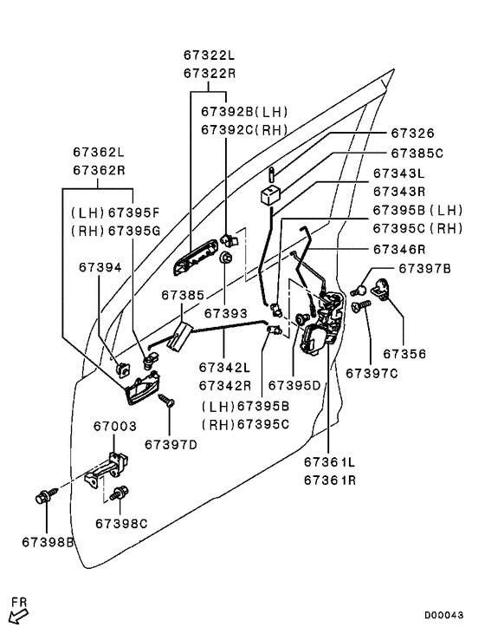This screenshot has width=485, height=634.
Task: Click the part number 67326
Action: coord(412,134)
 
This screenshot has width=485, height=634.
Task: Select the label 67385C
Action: coord(417,154)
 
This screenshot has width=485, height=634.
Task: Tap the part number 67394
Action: coord(100,267)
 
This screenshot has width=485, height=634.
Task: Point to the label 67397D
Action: coord(171,445)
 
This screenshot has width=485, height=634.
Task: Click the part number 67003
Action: coord(115,426)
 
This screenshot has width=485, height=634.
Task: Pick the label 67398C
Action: coord(121,524)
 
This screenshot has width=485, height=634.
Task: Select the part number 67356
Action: coord(404,354)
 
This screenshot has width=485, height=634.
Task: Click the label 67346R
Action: coord(399,249)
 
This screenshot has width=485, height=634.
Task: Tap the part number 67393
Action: coord(225,313)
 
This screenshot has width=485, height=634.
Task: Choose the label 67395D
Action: coord(294,386)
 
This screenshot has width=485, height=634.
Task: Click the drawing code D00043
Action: coord(443,615)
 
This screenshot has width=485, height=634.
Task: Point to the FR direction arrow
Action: coord(18,617)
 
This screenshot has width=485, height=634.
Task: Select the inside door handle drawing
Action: coord(142,388)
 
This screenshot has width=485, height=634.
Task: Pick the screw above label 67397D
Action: coord(166,401)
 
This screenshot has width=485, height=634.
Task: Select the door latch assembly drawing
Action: coord(322,324)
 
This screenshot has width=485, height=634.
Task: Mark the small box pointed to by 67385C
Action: coord(270,195)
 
